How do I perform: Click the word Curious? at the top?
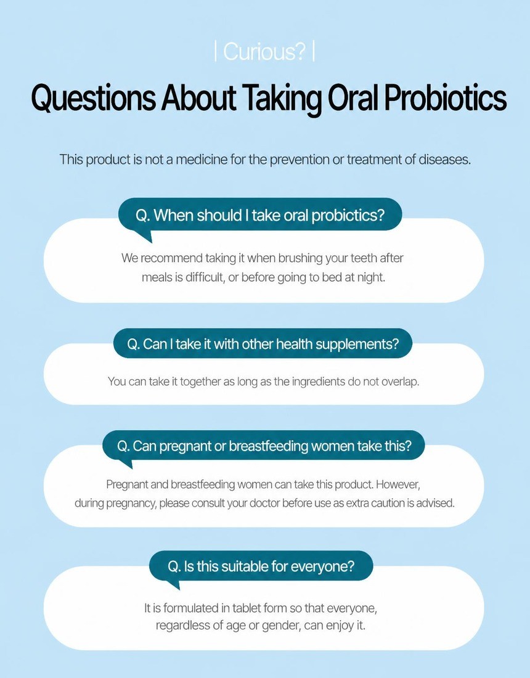click(x=264, y=52)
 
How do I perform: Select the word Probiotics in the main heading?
click(x=445, y=98)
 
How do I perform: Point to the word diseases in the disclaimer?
click(x=444, y=160)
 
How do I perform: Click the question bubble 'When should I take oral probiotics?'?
click(x=260, y=214)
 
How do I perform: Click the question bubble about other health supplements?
click(x=263, y=344)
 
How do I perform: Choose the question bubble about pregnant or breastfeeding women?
click(x=264, y=446)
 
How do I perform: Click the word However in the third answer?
click(x=397, y=484)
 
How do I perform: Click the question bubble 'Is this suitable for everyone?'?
click(x=261, y=566)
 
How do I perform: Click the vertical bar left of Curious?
click(x=216, y=52)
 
